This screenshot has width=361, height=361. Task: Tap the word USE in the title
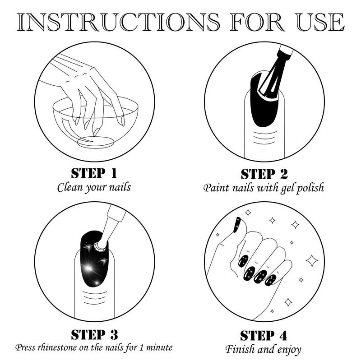[x=320, y=22]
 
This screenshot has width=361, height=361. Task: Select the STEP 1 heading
[x=94, y=173]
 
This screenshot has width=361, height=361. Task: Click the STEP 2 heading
[x=264, y=174]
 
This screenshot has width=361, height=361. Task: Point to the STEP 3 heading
[x=94, y=334]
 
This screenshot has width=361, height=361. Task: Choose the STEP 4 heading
[x=264, y=335]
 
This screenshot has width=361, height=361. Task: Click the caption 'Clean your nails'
[x=94, y=187]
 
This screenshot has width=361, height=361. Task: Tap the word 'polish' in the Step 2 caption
[x=310, y=188]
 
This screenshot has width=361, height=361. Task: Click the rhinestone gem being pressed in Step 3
[x=101, y=245]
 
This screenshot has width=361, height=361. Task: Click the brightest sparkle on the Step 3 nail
[x=88, y=268]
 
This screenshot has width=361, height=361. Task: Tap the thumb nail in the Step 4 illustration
[x=237, y=224]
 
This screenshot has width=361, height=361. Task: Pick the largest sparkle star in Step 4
[x=312, y=261]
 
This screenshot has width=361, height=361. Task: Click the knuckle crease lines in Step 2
[x=265, y=138]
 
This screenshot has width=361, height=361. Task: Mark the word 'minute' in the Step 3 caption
[x=159, y=347]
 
